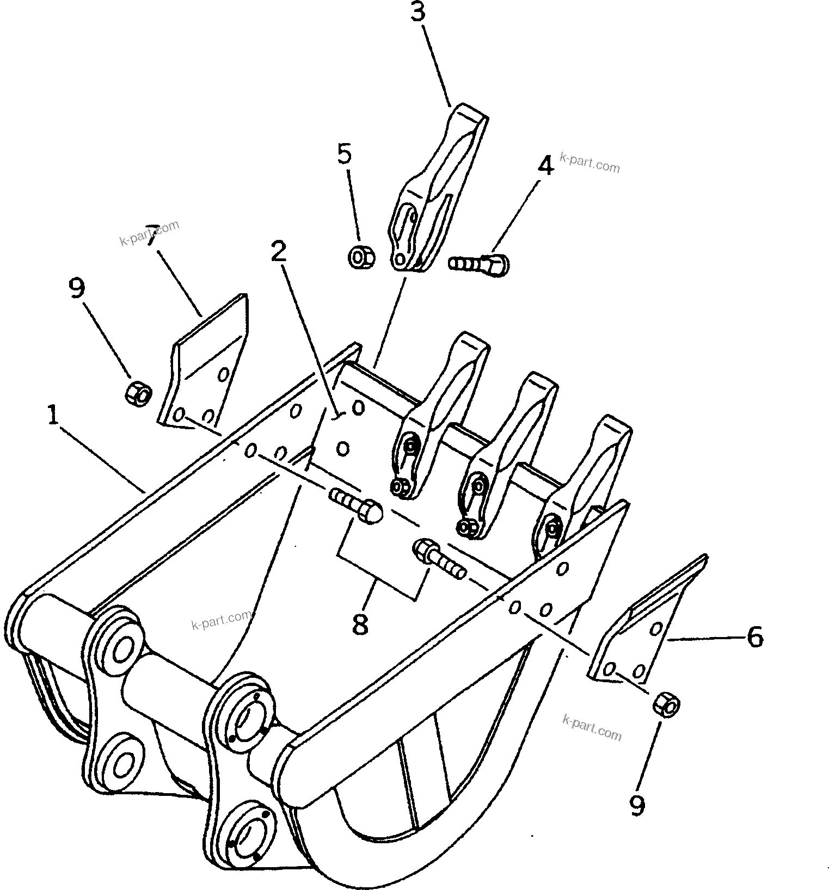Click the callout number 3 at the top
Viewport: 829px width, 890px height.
417,13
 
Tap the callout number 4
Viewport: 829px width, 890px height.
545,165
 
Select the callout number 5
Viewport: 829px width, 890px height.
345,154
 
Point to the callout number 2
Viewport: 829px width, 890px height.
279,252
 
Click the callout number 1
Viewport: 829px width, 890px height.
53,416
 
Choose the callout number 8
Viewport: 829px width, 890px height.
360,623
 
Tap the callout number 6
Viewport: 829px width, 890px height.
754,636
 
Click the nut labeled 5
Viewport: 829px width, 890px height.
360,257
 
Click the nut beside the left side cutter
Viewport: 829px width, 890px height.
139,392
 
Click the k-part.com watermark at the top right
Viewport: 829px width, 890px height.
589,163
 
